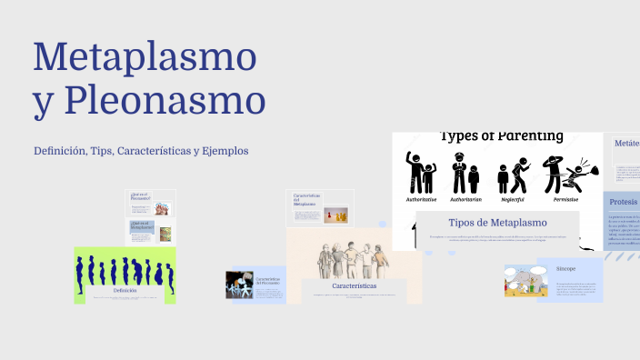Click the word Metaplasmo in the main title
[145, 58]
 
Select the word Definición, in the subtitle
[60, 150]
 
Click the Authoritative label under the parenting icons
[421, 198]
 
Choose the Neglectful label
[511, 198]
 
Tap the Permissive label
[561, 198]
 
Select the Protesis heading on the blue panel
[625, 202]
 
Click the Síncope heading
[566, 269]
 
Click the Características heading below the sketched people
[354, 285]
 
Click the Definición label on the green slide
[125, 290]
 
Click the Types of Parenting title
[501, 137]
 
